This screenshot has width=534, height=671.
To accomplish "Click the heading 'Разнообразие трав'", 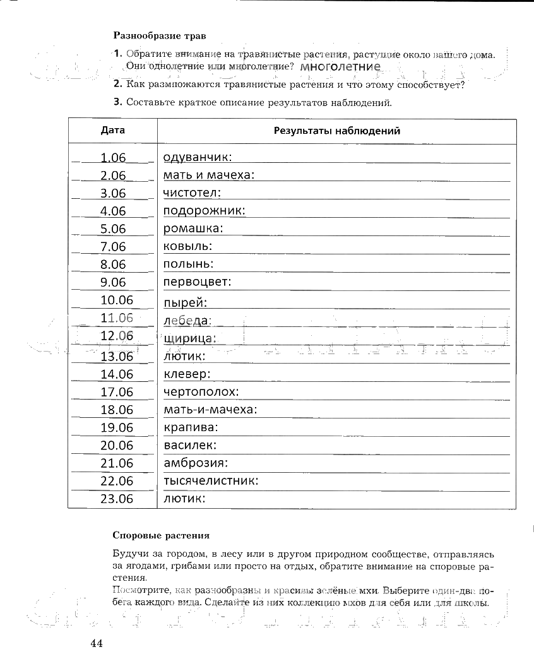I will (159, 36).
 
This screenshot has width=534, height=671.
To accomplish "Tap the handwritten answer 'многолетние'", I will (341, 66).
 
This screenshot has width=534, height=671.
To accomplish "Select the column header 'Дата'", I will (113, 131).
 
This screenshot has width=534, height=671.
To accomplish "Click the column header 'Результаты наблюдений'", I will (336, 131).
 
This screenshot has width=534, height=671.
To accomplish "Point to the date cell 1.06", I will (114, 158).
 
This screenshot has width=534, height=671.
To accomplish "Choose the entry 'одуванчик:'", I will (197, 157).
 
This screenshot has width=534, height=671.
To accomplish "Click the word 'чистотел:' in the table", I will (192, 193).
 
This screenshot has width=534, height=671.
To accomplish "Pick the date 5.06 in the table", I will (114, 229).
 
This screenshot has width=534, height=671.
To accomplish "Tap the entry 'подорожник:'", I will (204, 211).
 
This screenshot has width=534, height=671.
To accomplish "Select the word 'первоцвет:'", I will (197, 282).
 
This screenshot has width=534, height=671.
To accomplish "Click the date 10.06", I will (117, 300).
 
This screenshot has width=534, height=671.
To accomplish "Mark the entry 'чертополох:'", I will (201, 392).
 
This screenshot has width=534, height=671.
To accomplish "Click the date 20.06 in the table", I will (117, 446).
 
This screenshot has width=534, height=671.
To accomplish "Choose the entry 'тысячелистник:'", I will (211, 481).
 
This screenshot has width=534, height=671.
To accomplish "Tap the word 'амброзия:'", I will (195, 463).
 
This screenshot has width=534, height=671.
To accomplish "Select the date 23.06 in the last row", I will (117, 499).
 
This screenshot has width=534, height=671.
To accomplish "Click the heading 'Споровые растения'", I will (161, 535).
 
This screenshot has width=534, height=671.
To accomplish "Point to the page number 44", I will (97, 644).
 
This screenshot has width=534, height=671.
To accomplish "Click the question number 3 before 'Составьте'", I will (117, 102).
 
